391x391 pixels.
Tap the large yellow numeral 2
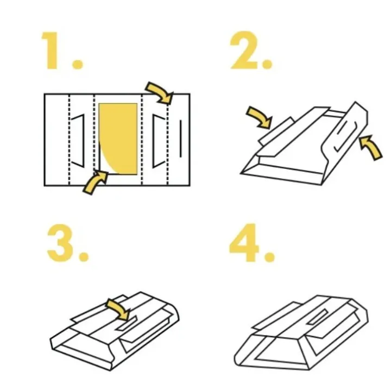pyautogui.click(x=244, y=50)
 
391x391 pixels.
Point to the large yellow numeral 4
pyautogui.click(x=244, y=243)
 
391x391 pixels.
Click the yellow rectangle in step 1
pyautogui.click(x=118, y=138)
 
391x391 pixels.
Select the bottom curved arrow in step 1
pyautogui.click(x=95, y=181)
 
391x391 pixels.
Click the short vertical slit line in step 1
pyautogui.click(x=180, y=138)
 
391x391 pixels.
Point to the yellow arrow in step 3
pyautogui.click(x=119, y=309)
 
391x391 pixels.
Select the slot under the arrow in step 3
pyautogui.click(x=128, y=324)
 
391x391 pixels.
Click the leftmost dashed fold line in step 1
pyautogui.click(x=69, y=140)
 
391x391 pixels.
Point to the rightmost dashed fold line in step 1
pyautogui.click(x=168, y=140)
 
